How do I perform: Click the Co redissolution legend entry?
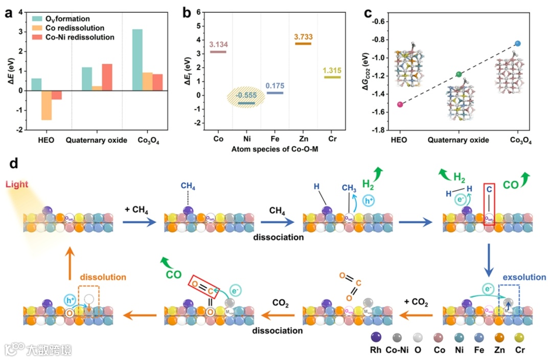tap(75, 28)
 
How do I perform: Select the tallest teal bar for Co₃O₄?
tap(137, 60)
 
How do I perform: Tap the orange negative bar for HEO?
tap(47, 105)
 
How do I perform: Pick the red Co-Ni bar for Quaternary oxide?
tap(107, 77)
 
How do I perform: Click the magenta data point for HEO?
tap(400, 104)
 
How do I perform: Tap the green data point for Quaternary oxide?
tap(458, 75)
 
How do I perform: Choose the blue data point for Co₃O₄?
tap(518, 43)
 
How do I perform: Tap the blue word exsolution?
tap(524, 277)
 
